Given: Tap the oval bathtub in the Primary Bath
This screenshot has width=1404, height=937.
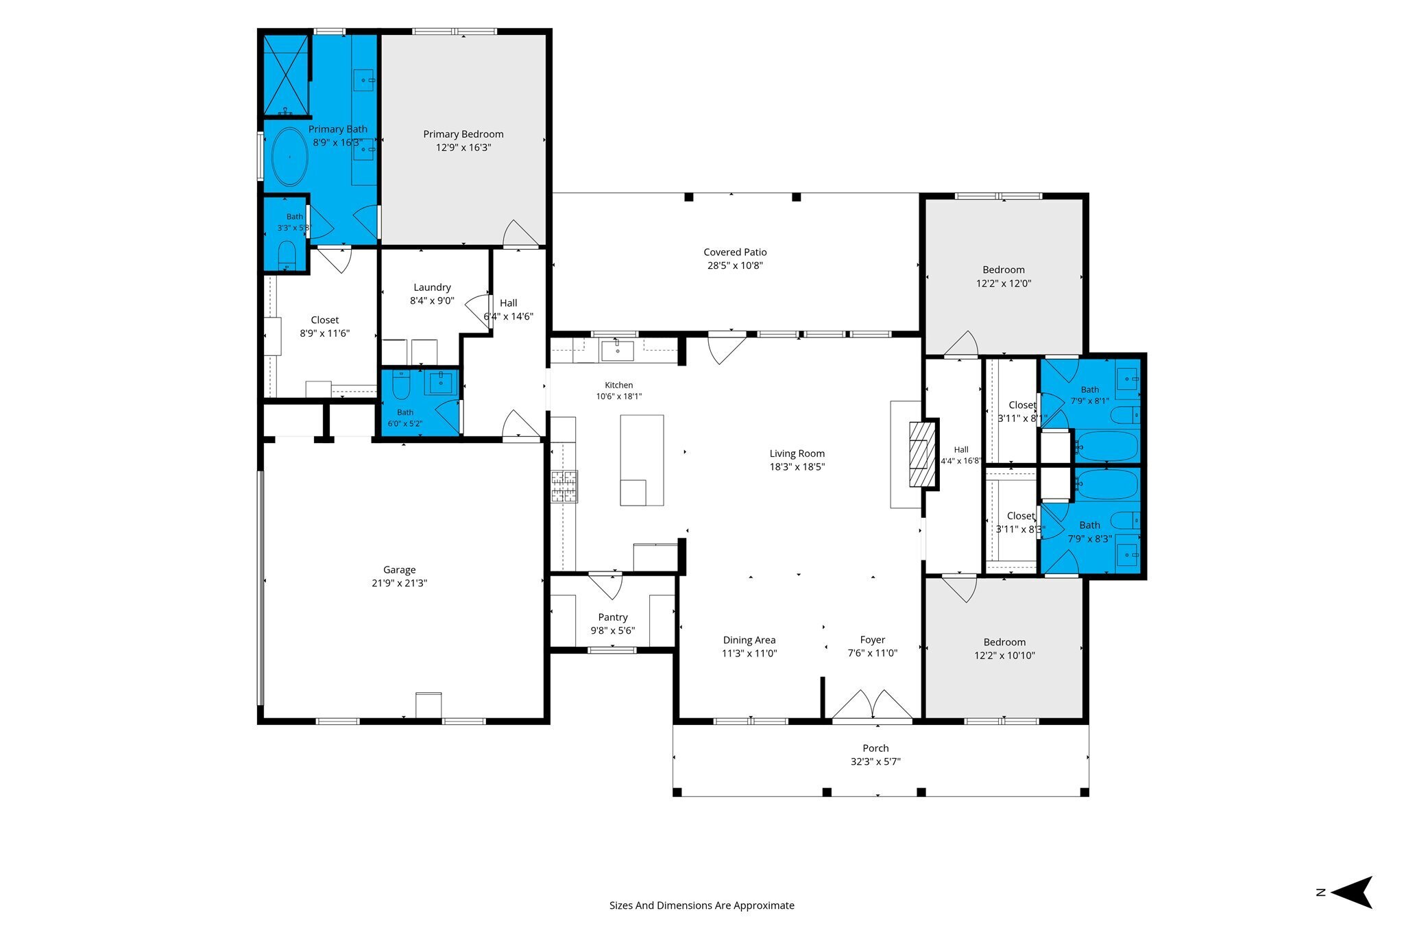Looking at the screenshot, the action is tap(289, 156).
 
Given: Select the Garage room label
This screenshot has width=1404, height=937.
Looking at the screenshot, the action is tap(400, 570).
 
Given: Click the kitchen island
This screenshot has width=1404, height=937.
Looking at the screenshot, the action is tap(642, 460).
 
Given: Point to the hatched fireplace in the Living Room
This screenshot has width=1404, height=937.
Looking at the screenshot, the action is tap(922, 454).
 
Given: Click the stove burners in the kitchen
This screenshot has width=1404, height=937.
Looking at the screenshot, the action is tap(565, 486).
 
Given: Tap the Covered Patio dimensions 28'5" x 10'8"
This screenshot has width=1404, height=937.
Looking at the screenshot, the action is tap(735, 265).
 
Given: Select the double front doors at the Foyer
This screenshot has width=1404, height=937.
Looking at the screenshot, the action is tap(872, 704).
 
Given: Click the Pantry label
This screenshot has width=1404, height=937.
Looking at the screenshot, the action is tap(613, 617).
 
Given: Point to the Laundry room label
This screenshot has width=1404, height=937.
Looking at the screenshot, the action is tap(432, 287).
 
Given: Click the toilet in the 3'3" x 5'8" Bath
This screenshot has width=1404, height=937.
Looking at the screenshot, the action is tap(287, 255).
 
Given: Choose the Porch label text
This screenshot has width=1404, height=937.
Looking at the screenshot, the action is tap(875, 748).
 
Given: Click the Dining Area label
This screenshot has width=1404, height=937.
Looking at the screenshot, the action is tap(749, 640).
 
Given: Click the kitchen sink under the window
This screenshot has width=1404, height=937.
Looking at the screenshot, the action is tap(617, 350).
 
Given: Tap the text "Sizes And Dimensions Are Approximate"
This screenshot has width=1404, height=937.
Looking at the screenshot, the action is tap(702, 905).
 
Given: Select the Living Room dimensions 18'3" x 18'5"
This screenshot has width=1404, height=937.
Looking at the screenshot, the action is tap(797, 467).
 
